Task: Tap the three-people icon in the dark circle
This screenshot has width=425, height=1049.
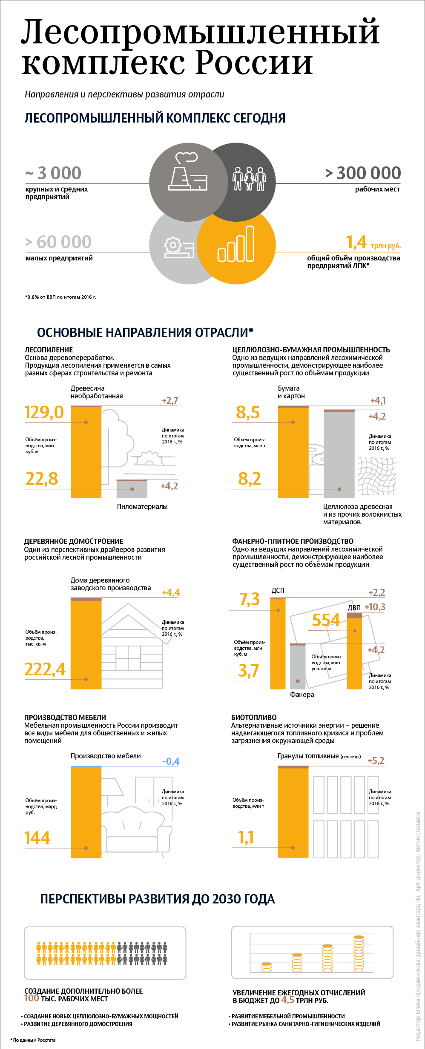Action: [249, 179]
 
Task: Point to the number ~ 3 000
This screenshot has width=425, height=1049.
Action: [53, 173]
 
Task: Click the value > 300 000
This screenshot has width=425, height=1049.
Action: [363, 173]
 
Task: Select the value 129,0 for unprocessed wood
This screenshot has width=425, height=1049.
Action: [44, 412]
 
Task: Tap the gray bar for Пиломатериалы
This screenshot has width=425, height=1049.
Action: [132, 489]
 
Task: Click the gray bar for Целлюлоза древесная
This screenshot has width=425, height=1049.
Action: [339, 454]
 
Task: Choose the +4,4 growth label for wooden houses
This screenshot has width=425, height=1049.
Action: [171, 592]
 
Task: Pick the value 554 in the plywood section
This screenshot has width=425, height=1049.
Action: [326, 620]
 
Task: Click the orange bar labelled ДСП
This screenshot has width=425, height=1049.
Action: [278, 643]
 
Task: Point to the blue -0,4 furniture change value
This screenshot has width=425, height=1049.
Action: [171, 761]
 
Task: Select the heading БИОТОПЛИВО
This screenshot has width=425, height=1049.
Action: [254, 717]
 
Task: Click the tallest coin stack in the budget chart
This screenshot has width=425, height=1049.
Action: [359, 954]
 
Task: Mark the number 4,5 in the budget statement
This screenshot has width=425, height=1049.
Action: [287, 1000]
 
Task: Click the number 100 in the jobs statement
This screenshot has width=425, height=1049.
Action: [32, 998]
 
